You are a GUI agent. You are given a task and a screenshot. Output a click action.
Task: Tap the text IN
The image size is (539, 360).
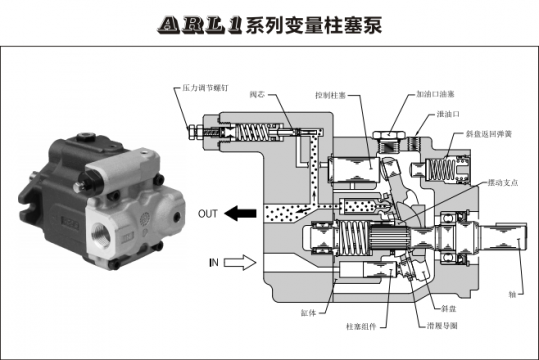point(212,262)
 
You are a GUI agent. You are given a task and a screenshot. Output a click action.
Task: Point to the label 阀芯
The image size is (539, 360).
point(256,95)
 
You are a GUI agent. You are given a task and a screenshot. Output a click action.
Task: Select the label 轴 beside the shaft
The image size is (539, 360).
point(511,294)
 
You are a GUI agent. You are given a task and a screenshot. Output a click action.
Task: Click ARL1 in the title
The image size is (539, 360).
point(201,23)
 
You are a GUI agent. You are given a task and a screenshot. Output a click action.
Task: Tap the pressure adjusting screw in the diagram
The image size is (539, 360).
point(196,130)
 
